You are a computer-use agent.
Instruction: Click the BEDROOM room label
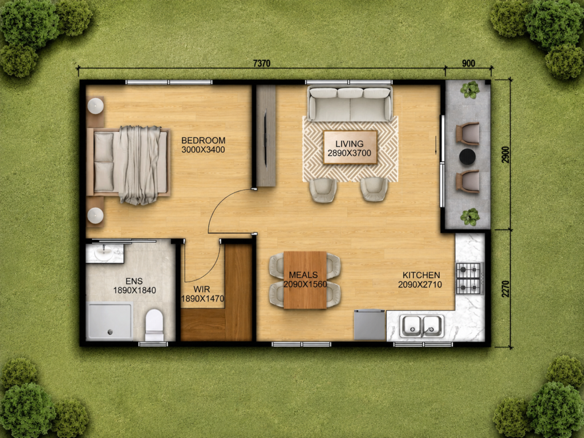point(204,140)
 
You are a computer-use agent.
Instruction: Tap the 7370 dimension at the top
point(261,63)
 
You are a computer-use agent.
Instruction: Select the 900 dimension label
point(469,63)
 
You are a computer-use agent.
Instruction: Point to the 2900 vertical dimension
point(505,154)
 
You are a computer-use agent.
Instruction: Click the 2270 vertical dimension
point(505,289)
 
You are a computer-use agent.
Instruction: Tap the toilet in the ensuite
point(154,325)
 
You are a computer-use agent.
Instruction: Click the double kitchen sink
point(422,326)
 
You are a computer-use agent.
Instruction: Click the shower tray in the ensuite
point(109,321)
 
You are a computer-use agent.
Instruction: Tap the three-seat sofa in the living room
point(350,103)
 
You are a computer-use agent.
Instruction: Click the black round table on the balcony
point(467,156)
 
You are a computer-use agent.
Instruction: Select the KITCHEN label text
point(421,275)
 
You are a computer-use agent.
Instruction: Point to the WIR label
point(201,289)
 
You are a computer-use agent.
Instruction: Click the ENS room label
point(134,281)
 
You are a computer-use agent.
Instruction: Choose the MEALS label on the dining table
point(303,275)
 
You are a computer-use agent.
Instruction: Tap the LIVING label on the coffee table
point(350,144)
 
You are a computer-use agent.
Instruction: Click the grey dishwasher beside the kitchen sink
point(370,325)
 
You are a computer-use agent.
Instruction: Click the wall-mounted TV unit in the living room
point(266,136)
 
